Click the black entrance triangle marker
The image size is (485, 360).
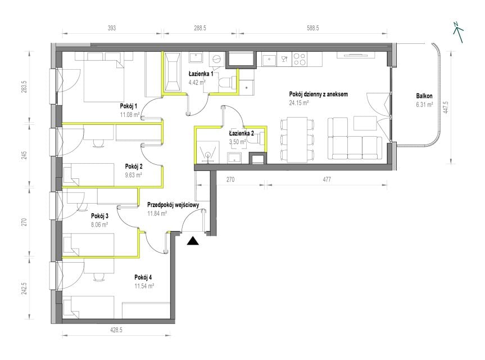[x=193, y=241]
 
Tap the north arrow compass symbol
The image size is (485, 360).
[x=458, y=32]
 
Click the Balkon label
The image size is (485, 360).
[x=424, y=96]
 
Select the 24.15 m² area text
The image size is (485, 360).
[x=299, y=103]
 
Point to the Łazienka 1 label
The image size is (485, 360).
[x=201, y=74]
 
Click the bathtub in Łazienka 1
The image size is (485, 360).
[x=173, y=73]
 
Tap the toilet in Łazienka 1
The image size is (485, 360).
[x=225, y=83]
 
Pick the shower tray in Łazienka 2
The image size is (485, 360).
[x=207, y=152]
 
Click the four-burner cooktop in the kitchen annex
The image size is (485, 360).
[x=300, y=59]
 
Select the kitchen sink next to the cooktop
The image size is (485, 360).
[x=270, y=59]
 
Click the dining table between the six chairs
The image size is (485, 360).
[x=297, y=139]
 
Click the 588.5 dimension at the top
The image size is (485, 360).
[x=312, y=28]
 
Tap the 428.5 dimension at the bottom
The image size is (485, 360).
[x=116, y=330]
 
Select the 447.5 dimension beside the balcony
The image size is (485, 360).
[x=446, y=107]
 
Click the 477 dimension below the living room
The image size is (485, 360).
[x=327, y=179]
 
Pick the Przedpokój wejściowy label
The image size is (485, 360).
[x=173, y=205]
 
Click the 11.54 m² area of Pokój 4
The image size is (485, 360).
[x=144, y=286]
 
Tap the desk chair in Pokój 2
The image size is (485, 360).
[x=99, y=142]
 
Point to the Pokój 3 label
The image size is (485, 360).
[x=99, y=216]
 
